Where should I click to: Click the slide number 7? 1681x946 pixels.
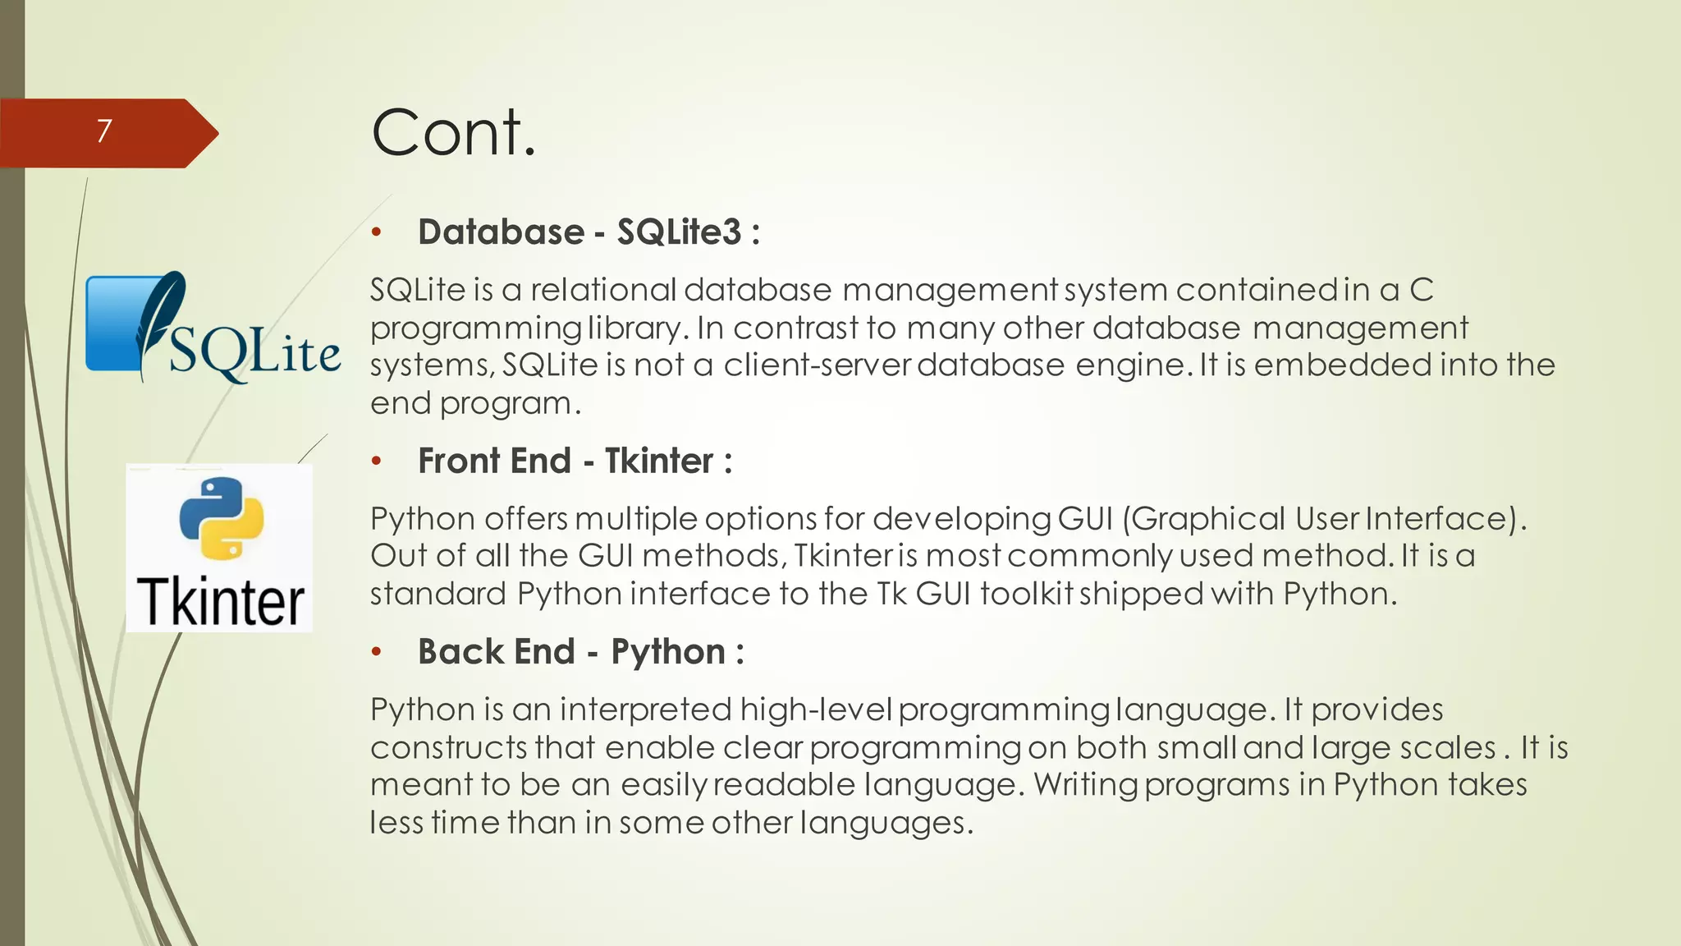103,131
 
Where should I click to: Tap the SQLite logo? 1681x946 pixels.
213,328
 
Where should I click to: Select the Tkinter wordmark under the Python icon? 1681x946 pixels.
220,602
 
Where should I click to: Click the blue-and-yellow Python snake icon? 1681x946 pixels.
221,518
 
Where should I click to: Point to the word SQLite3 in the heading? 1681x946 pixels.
679,232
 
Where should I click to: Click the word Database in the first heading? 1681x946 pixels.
501,232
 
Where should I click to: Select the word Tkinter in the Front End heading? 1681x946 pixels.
658,461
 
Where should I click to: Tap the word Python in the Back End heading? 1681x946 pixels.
668,652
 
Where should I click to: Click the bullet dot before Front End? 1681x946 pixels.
377,462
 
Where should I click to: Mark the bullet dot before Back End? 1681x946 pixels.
377,653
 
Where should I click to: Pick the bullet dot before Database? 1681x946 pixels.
377,233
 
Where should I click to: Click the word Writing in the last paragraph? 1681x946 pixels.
1085,784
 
